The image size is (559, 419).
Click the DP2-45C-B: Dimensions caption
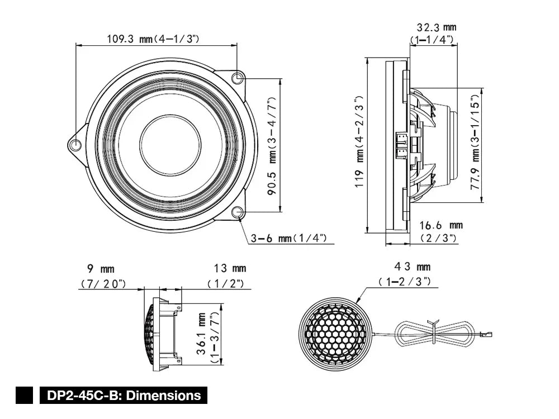pyautogui.click(x=124, y=396)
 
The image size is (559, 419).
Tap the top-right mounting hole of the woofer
pyautogui.click(x=238, y=78)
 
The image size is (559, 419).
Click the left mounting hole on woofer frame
pyautogui.click(x=75, y=145)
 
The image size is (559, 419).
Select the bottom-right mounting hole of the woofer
pyautogui.click(x=237, y=212)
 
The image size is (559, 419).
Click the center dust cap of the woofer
pyautogui.click(x=170, y=145)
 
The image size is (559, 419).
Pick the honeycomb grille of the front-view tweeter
pyautogui.click(x=334, y=334)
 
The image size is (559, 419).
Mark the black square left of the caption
pyautogui.click(x=25, y=396)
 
